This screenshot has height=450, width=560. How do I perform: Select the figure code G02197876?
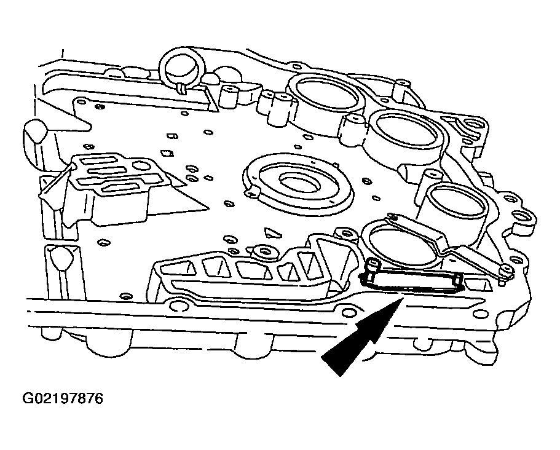pyautogui.click(x=63, y=400)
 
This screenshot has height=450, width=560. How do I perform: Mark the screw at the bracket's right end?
pyautogui.click(x=504, y=272)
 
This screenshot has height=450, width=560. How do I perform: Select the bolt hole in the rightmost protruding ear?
pyautogui.click(x=520, y=216)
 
